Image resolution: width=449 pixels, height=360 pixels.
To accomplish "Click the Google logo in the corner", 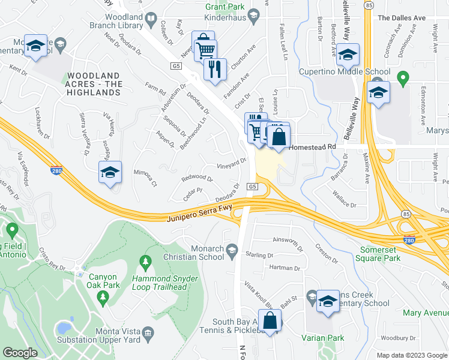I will click(20, 353).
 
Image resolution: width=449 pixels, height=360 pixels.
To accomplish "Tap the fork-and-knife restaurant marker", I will click(214, 69).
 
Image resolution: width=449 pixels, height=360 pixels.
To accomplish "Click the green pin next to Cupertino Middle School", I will click(403, 78).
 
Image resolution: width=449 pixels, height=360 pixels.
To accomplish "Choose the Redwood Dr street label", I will click(197, 179).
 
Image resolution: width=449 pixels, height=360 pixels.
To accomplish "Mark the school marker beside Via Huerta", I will click(110, 173).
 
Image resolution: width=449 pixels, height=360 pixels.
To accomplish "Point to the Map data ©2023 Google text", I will click(411, 355).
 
